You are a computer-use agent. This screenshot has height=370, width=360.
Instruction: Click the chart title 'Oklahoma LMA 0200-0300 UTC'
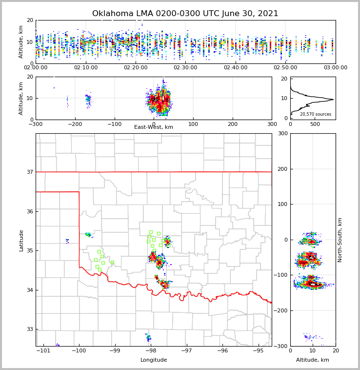185,14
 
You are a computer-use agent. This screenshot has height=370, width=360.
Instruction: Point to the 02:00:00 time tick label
36,68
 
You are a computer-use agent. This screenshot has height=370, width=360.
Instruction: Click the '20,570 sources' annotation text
315,114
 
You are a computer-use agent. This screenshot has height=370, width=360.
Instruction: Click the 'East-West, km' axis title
154,127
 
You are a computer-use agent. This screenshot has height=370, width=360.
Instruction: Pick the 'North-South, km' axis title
340,240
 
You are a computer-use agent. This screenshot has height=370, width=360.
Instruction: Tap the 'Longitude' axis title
154,360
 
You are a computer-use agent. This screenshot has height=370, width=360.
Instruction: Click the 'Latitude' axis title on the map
21,240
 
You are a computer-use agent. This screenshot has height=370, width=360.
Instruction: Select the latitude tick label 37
29,172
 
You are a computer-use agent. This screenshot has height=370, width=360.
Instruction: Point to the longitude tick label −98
150,351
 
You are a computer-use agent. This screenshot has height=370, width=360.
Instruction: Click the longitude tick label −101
43,351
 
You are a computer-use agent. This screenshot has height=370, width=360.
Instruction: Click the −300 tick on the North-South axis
282,346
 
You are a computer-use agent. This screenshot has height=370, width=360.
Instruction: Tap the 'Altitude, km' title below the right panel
312,360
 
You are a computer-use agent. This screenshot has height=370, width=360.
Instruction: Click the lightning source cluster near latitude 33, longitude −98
149,337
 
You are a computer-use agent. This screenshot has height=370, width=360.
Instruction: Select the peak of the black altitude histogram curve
333,100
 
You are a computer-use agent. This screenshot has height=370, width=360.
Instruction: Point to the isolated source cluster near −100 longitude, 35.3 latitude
67,240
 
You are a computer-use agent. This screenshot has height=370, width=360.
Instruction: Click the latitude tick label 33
29,329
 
